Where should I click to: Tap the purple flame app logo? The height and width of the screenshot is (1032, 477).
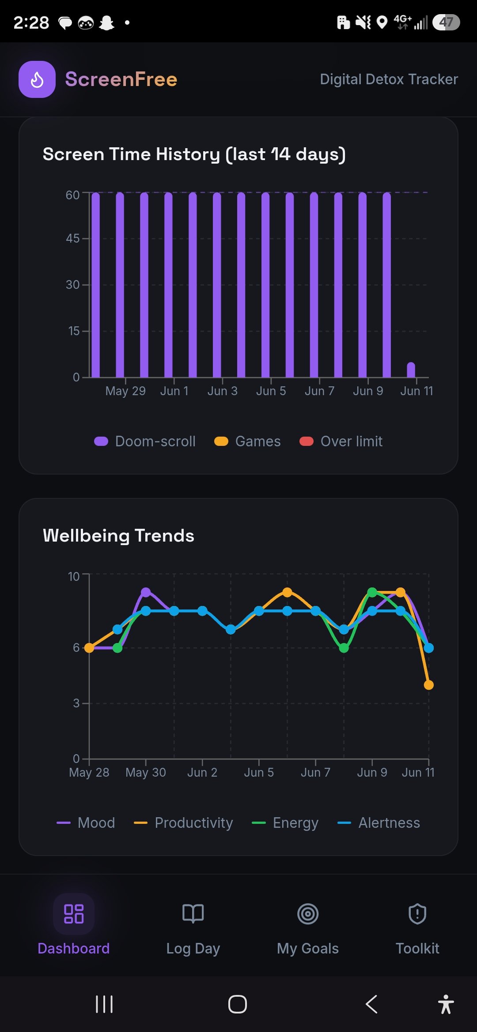(x=37, y=79)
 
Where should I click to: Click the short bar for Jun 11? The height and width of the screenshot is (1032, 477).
(x=411, y=370)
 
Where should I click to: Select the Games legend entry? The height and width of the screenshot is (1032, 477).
(x=247, y=441)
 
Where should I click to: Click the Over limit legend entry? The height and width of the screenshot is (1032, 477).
(x=341, y=441)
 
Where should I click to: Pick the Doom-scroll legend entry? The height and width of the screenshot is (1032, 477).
(x=145, y=441)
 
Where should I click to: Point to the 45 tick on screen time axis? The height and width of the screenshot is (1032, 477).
(x=73, y=239)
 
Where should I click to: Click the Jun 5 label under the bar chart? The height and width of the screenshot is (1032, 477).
(x=271, y=391)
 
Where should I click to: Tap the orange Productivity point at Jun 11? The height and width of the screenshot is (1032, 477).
(x=428, y=685)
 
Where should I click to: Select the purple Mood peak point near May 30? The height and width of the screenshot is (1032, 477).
(x=146, y=592)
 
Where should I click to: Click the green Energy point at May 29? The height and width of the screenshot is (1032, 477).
(x=117, y=648)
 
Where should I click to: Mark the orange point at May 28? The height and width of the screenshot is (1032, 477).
(x=89, y=648)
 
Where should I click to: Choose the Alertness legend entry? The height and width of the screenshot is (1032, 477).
(x=379, y=823)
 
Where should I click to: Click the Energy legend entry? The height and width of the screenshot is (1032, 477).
(x=285, y=823)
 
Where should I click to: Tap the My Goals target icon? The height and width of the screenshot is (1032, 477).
(x=308, y=914)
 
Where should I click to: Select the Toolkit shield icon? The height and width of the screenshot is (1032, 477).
(x=417, y=914)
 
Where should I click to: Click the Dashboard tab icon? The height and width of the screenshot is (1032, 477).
(x=74, y=914)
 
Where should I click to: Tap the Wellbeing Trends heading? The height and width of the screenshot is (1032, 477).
(x=118, y=536)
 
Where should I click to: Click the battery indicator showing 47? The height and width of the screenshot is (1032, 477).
(x=446, y=22)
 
